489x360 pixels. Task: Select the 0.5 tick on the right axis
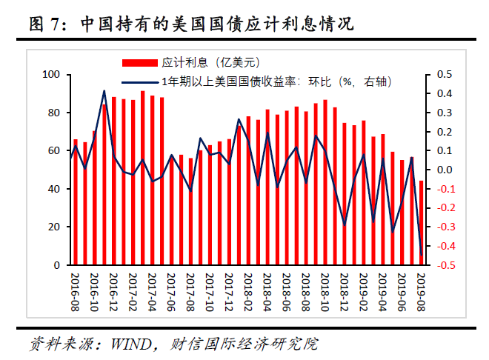pos(445,75)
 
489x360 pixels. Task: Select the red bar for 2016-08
pos(75,201)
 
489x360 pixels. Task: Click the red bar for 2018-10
pos(325,182)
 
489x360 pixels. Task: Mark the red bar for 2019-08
pos(422,222)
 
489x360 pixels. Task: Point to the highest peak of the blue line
pos(104,91)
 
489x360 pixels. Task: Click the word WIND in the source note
pos(131,344)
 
